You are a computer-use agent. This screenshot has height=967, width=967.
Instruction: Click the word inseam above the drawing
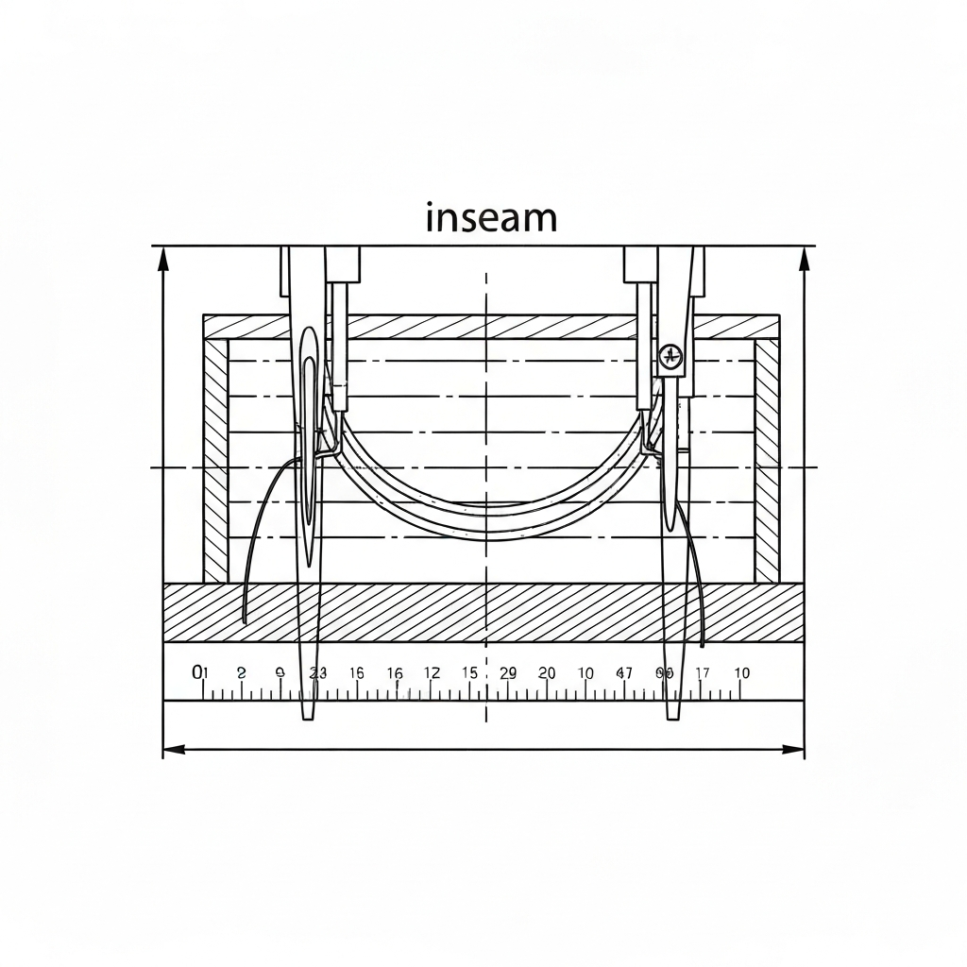(491, 218)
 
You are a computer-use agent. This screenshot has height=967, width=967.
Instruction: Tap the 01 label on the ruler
(199, 672)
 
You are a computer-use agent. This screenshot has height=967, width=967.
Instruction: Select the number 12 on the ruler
(432, 673)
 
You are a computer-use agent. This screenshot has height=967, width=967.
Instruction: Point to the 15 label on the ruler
(469, 673)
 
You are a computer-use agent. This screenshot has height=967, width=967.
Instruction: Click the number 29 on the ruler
(508, 673)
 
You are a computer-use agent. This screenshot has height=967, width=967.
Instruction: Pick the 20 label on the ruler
(547, 673)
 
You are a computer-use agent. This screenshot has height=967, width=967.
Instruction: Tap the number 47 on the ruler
(624, 673)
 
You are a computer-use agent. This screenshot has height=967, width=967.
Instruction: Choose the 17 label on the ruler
(703, 673)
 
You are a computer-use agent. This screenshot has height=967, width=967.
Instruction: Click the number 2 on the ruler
(241, 673)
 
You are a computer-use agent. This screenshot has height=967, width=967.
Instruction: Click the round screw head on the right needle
(670, 356)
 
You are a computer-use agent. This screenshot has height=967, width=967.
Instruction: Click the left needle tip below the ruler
(308, 716)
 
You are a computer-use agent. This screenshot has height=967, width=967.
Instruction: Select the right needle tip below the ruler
(672, 715)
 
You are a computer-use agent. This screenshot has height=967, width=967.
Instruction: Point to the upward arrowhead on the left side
(163, 257)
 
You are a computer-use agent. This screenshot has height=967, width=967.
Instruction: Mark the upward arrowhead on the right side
(805, 257)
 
